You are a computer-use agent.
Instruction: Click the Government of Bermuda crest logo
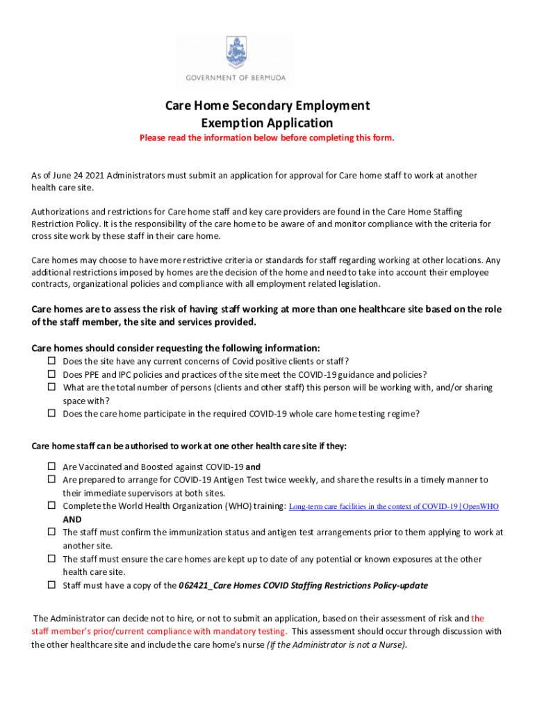(236, 51)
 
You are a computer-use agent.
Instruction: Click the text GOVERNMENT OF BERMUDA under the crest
(236, 78)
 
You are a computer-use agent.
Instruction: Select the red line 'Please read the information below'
(267, 138)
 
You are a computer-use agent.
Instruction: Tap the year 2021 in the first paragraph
(93, 176)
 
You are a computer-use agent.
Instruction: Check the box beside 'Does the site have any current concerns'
(51, 361)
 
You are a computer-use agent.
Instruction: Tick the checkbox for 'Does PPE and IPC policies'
(51, 374)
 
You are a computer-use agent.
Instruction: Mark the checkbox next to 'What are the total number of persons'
(51, 387)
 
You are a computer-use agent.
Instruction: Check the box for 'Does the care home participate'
(51, 414)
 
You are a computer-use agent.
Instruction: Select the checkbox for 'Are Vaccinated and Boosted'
(51, 467)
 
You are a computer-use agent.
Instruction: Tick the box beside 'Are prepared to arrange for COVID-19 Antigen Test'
(51, 480)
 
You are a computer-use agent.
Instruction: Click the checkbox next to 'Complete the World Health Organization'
(51, 506)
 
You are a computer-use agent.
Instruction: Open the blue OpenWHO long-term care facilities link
(393, 507)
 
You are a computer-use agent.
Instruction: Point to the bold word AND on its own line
(72, 519)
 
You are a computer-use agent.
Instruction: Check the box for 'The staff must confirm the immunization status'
(51, 533)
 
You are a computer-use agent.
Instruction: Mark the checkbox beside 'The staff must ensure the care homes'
(51, 559)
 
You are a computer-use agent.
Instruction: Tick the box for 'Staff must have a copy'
(51, 585)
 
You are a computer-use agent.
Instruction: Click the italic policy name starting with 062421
(303, 585)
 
